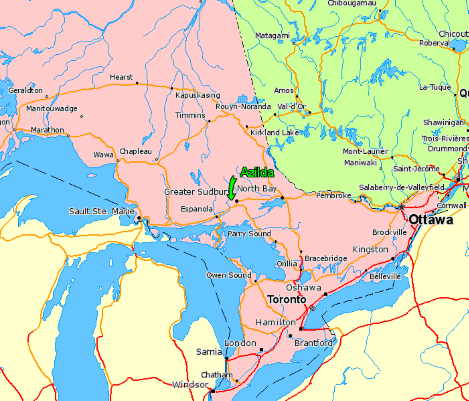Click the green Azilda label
click(257, 173)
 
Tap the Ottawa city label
click(431, 220)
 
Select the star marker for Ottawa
click(401, 207)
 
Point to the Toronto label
click(287, 299)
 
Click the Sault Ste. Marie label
click(101, 211)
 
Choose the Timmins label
click(190, 115)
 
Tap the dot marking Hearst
click(137, 83)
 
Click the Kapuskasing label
click(198, 95)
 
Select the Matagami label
click(272, 36)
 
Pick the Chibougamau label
click(352, 3)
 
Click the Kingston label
click(370, 249)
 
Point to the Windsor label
click(190, 384)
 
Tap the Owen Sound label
click(229, 275)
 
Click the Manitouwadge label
click(52, 109)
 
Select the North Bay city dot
click(282, 197)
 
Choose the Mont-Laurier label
click(365, 152)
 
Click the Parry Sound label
click(249, 234)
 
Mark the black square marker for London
click(261, 350)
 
